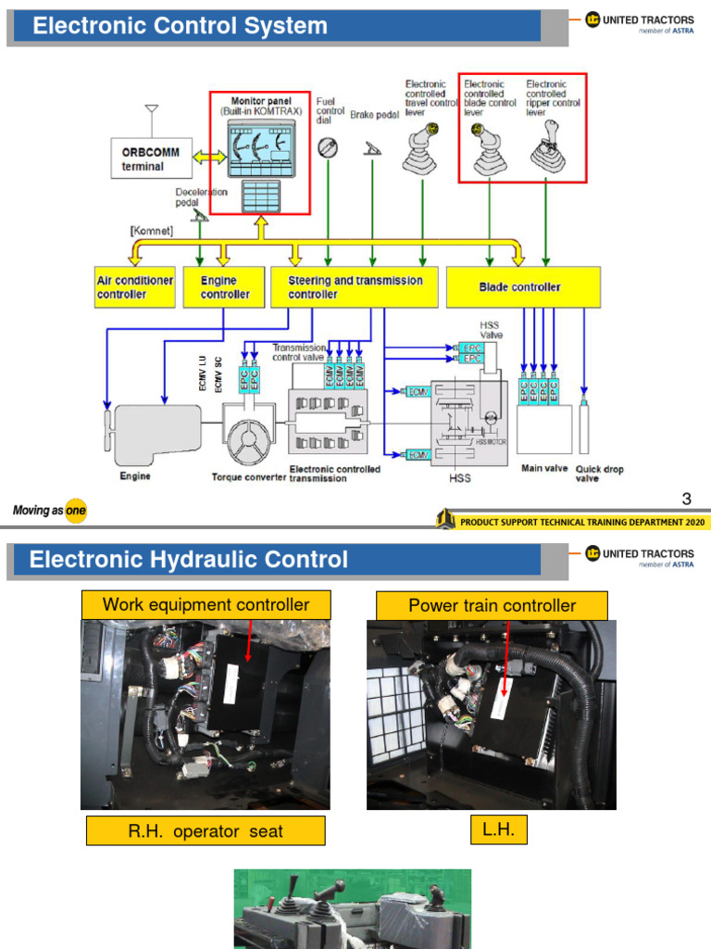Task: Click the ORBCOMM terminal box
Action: [151, 159]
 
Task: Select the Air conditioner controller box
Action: [134, 287]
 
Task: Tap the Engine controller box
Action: [224, 287]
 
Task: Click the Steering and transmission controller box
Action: [355, 287]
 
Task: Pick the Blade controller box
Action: [523, 287]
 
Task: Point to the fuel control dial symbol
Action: [327, 146]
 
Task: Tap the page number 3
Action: [686, 500]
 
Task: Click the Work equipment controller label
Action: [206, 605]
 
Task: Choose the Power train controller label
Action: [492, 606]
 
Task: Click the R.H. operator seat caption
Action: [206, 831]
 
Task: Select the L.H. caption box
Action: [498, 830]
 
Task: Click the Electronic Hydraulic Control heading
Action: [189, 560]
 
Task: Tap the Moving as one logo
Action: [49, 511]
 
